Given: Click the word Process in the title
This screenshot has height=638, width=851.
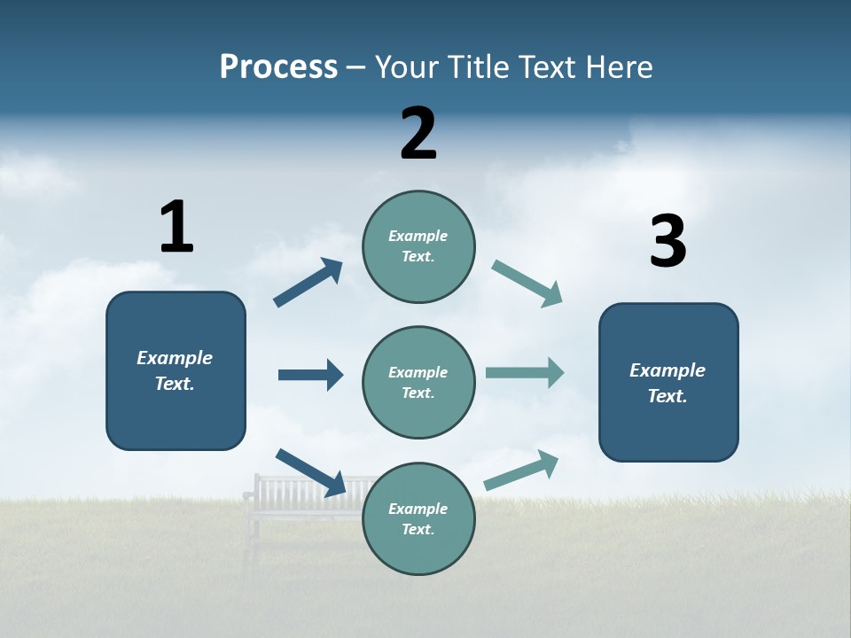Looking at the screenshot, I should coord(278,67).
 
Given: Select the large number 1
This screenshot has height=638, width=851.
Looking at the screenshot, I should coord(176,227).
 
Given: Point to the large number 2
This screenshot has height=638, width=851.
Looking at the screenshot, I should coord(418,134).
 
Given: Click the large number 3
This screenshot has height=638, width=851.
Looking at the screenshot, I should coord(668,242).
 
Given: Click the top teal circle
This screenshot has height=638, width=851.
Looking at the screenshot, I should coord(418,246).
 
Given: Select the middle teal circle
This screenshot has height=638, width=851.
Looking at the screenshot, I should coord(418,382).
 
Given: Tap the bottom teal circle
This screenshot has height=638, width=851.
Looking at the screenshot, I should coord(418,518).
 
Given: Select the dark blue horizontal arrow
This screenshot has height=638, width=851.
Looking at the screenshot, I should coord(310,375).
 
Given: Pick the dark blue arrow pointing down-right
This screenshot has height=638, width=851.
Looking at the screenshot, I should coord(310,472).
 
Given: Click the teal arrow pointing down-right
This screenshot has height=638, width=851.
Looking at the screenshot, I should coord(527,284).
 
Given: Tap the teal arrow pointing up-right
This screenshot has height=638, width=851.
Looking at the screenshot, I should coord(521,471).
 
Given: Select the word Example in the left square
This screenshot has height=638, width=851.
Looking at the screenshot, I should coord(175,358).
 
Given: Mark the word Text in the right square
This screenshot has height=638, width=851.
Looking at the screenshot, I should coord(667,396).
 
